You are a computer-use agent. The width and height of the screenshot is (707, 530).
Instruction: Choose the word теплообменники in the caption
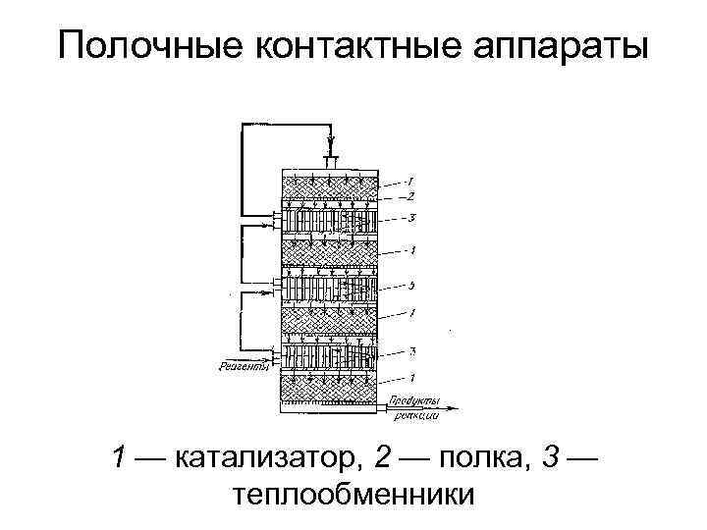[x=353, y=494]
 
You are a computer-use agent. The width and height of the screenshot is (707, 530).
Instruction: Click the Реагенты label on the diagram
[x=242, y=368]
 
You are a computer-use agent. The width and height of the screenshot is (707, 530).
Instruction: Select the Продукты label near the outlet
[x=413, y=400]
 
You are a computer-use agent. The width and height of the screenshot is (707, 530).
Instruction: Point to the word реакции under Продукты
[x=414, y=416]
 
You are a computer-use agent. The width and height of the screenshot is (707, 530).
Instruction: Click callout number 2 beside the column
[x=411, y=196]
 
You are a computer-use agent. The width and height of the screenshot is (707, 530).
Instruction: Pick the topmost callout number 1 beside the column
[x=411, y=182]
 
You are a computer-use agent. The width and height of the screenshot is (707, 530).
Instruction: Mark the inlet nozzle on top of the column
[x=331, y=159]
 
